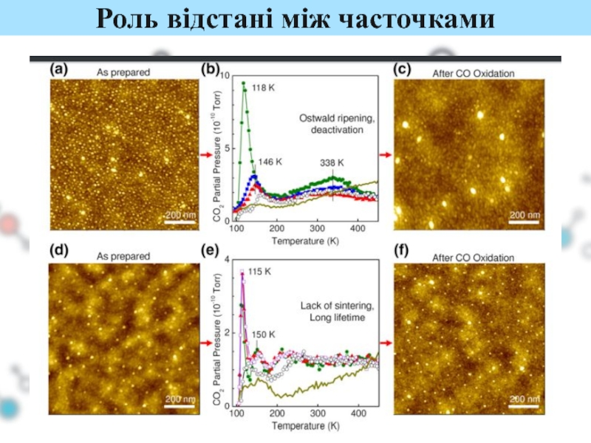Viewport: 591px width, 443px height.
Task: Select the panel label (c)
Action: pos(403,71)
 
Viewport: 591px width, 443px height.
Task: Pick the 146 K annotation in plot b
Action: pos(270,161)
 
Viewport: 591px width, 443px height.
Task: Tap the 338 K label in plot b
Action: pos(334,162)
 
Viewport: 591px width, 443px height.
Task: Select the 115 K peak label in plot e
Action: pos(260,272)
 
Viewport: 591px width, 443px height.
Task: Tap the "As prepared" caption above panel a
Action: pos(123,72)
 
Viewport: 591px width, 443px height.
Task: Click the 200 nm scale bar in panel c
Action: pos(525,216)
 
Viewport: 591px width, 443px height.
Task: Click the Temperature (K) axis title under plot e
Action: pos(304,427)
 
